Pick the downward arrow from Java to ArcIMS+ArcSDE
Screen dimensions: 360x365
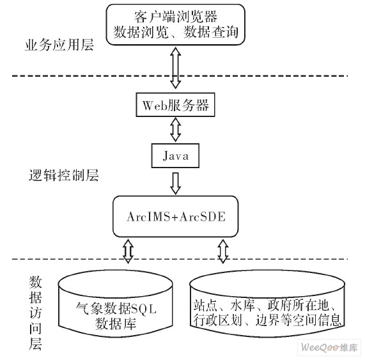173,182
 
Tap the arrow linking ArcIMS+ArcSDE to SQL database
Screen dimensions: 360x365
127,251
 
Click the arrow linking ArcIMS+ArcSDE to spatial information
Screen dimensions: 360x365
223,251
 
